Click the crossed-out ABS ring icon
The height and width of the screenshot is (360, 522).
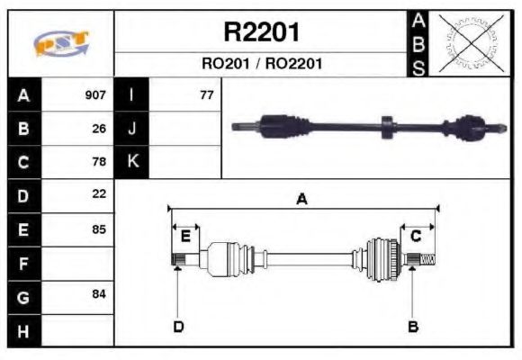(470, 43)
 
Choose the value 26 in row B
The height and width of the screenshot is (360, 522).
(99, 129)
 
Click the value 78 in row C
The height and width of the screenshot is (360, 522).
(99, 162)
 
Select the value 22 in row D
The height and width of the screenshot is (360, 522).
(99, 194)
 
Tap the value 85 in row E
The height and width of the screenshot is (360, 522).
(99, 229)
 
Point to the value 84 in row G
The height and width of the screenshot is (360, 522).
(99, 295)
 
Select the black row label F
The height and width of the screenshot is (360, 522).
(23, 264)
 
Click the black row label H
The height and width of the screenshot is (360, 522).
(23, 330)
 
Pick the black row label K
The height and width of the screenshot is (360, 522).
(132, 162)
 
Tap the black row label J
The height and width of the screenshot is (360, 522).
(132, 129)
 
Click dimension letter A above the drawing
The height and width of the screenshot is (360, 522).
(302, 200)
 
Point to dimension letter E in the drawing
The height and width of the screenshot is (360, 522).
(185, 237)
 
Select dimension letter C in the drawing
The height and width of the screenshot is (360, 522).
(416, 237)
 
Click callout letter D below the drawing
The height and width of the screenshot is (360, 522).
(178, 326)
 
